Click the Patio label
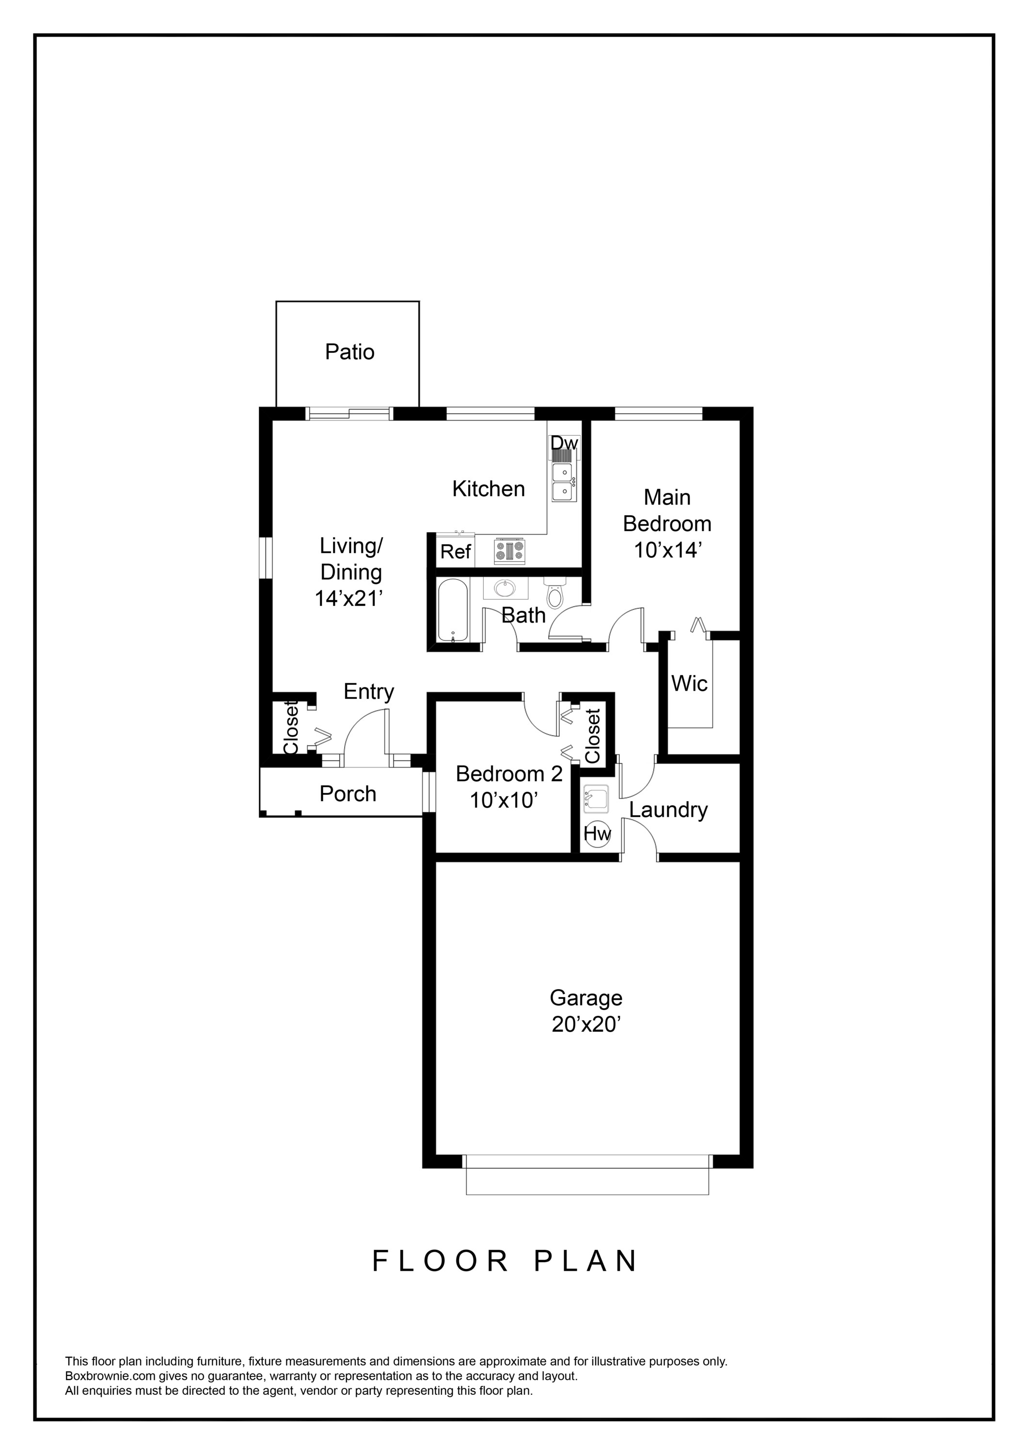tap(349, 352)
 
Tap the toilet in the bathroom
tap(554, 593)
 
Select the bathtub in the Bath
tap(453, 609)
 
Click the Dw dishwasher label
tap(564, 443)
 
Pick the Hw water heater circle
tap(597, 834)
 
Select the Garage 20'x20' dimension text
tap(585, 1024)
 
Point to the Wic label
tap(689, 684)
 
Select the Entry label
tap(369, 692)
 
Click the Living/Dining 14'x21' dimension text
tap(350, 598)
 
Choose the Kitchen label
tap(489, 489)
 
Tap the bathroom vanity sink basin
tap(505, 588)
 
